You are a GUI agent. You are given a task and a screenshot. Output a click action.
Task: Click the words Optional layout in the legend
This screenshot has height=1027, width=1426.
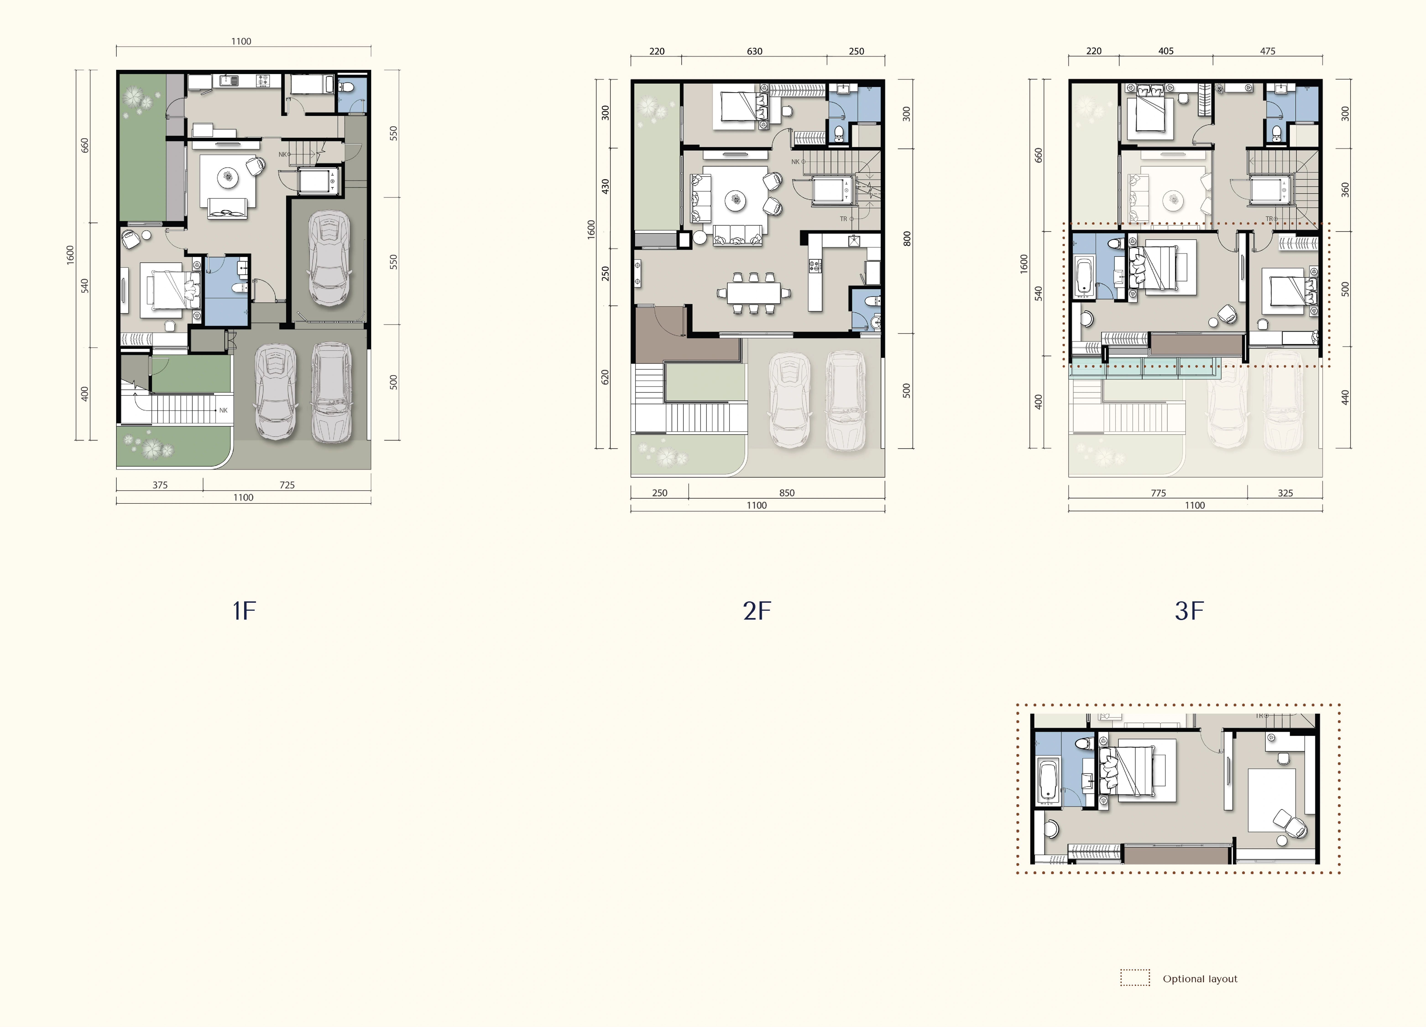point(1200,979)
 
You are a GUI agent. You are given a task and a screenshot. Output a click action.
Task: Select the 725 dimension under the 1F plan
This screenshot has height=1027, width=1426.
point(287,485)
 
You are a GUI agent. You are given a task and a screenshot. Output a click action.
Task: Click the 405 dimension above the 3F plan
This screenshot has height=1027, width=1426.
point(1166,51)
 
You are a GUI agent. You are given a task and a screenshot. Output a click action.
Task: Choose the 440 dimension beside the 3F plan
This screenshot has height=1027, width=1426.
point(1345,398)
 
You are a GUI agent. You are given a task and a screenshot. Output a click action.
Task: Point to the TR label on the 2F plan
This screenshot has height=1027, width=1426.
point(844,219)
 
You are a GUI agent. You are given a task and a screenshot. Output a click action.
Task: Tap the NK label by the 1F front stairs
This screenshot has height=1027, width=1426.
point(223,410)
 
